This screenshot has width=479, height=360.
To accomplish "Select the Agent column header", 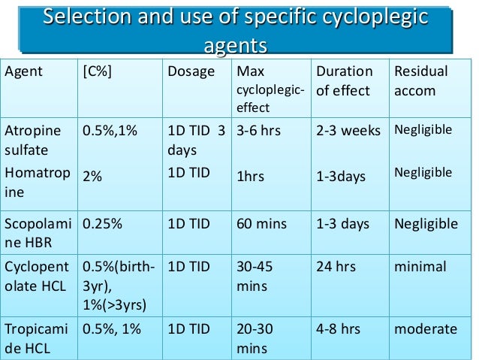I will click(24, 72).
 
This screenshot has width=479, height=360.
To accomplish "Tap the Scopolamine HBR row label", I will click(38, 232).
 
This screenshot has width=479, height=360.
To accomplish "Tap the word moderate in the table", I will click(426, 329).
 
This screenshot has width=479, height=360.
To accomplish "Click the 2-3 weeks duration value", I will click(351, 130).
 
